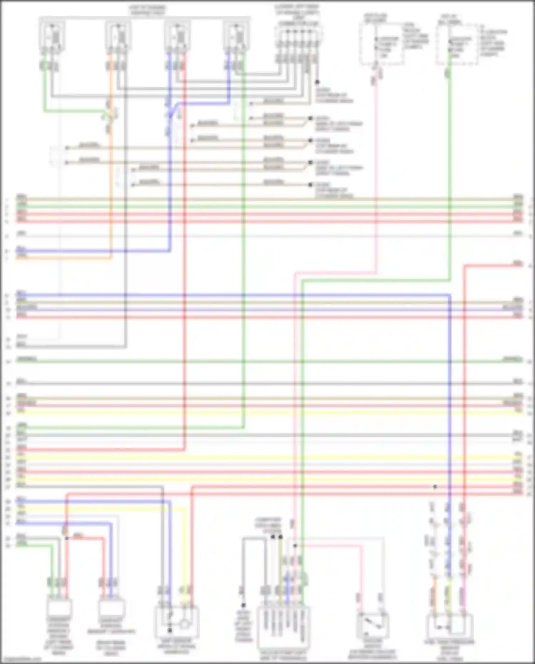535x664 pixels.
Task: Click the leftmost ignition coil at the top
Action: [x=52, y=36]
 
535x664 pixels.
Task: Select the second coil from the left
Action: [x=118, y=36]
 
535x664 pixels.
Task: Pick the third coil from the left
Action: [x=177, y=36]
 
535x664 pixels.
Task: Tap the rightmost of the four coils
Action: [x=236, y=36]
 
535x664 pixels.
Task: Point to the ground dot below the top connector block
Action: [x=317, y=82]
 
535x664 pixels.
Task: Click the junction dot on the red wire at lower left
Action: [x=67, y=538]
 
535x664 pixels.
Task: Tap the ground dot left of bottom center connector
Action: [x=243, y=605]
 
